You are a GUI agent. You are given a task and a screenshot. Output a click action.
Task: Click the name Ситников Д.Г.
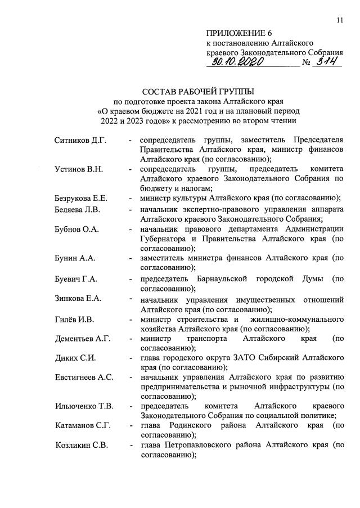coord(80,140)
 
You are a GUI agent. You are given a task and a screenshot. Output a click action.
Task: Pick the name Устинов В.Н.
coord(78,169)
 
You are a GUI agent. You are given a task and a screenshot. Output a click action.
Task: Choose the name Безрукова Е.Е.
coord(81,199)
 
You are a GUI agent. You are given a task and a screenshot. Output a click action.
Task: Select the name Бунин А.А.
coord(75,258)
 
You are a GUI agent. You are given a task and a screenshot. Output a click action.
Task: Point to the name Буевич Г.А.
coord(76,279)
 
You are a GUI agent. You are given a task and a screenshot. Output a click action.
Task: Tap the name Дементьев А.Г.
coord(83,339)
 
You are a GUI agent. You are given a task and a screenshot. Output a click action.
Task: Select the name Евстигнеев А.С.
coord(84,377)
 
